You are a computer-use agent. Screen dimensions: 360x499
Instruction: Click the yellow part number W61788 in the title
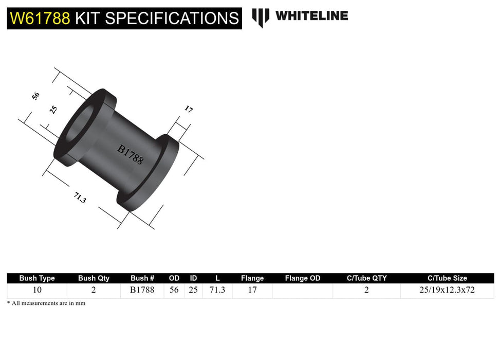pyautogui.click(x=40, y=19)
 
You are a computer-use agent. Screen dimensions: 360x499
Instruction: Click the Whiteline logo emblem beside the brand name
pyautogui.click(x=261, y=17)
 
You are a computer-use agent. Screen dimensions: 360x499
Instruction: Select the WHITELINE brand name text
pyautogui.click(x=311, y=16)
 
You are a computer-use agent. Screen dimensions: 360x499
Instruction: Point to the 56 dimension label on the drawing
pyautogui.click(x=35, y=96)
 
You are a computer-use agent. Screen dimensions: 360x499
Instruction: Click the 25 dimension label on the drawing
pyautogui.click(x=53, y=110)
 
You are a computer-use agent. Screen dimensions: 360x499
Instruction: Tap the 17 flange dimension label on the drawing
pyautogui.click(x=189, y=109)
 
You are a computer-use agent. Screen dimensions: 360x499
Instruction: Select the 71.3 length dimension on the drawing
pyautogui.click(x=80, y=197)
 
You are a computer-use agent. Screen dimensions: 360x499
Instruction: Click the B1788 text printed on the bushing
pyautogui.click(x=131, y=154)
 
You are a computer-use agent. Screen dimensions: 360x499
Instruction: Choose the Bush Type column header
pyautogui.click(x=37, y=278)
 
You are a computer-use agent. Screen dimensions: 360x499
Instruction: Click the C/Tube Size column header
pyautogui.click(x=447, y=278)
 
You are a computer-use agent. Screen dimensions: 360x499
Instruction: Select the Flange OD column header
pyautogui.click(x=302, y=278)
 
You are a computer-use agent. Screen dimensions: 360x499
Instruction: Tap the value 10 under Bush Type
pyautogui.click(x=37, y=290)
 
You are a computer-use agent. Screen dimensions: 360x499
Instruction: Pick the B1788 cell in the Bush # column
pyautogui.click(x=142, y=290)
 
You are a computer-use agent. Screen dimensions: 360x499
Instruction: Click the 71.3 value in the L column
pyautogui.click(x=217, y=290)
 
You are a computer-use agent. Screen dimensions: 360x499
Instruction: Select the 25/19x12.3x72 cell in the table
pyautogui.click(x=447, y=290)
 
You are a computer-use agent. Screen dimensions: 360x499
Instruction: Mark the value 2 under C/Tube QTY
pyautogui.click(x=366, y=290)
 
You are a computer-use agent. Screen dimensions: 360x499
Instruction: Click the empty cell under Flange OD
pyautogui.click(x=302, y=291)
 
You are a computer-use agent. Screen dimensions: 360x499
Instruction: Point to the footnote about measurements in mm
pyautogui.click(x=46, y=303)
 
